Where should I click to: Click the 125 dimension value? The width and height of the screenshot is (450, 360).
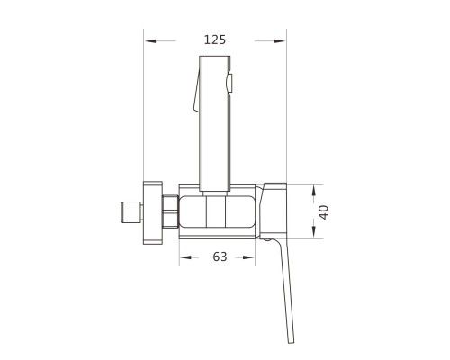tap(215, 40)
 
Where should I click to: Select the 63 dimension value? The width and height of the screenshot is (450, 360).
tap(220, 256)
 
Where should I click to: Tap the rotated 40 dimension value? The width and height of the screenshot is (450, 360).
tap(323, 212)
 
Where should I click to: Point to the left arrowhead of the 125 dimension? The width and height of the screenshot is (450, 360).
tap(150, 40)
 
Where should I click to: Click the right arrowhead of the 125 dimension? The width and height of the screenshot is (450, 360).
tap(280, 40)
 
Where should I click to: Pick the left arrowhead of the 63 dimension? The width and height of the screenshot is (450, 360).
tap(185, 257)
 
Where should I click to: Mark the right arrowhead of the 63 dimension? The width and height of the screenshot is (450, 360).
tap(248, 257)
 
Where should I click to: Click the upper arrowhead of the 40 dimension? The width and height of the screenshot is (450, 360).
tap(314, 191)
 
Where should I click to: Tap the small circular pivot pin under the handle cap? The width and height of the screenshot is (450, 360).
tap(266, 239)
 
